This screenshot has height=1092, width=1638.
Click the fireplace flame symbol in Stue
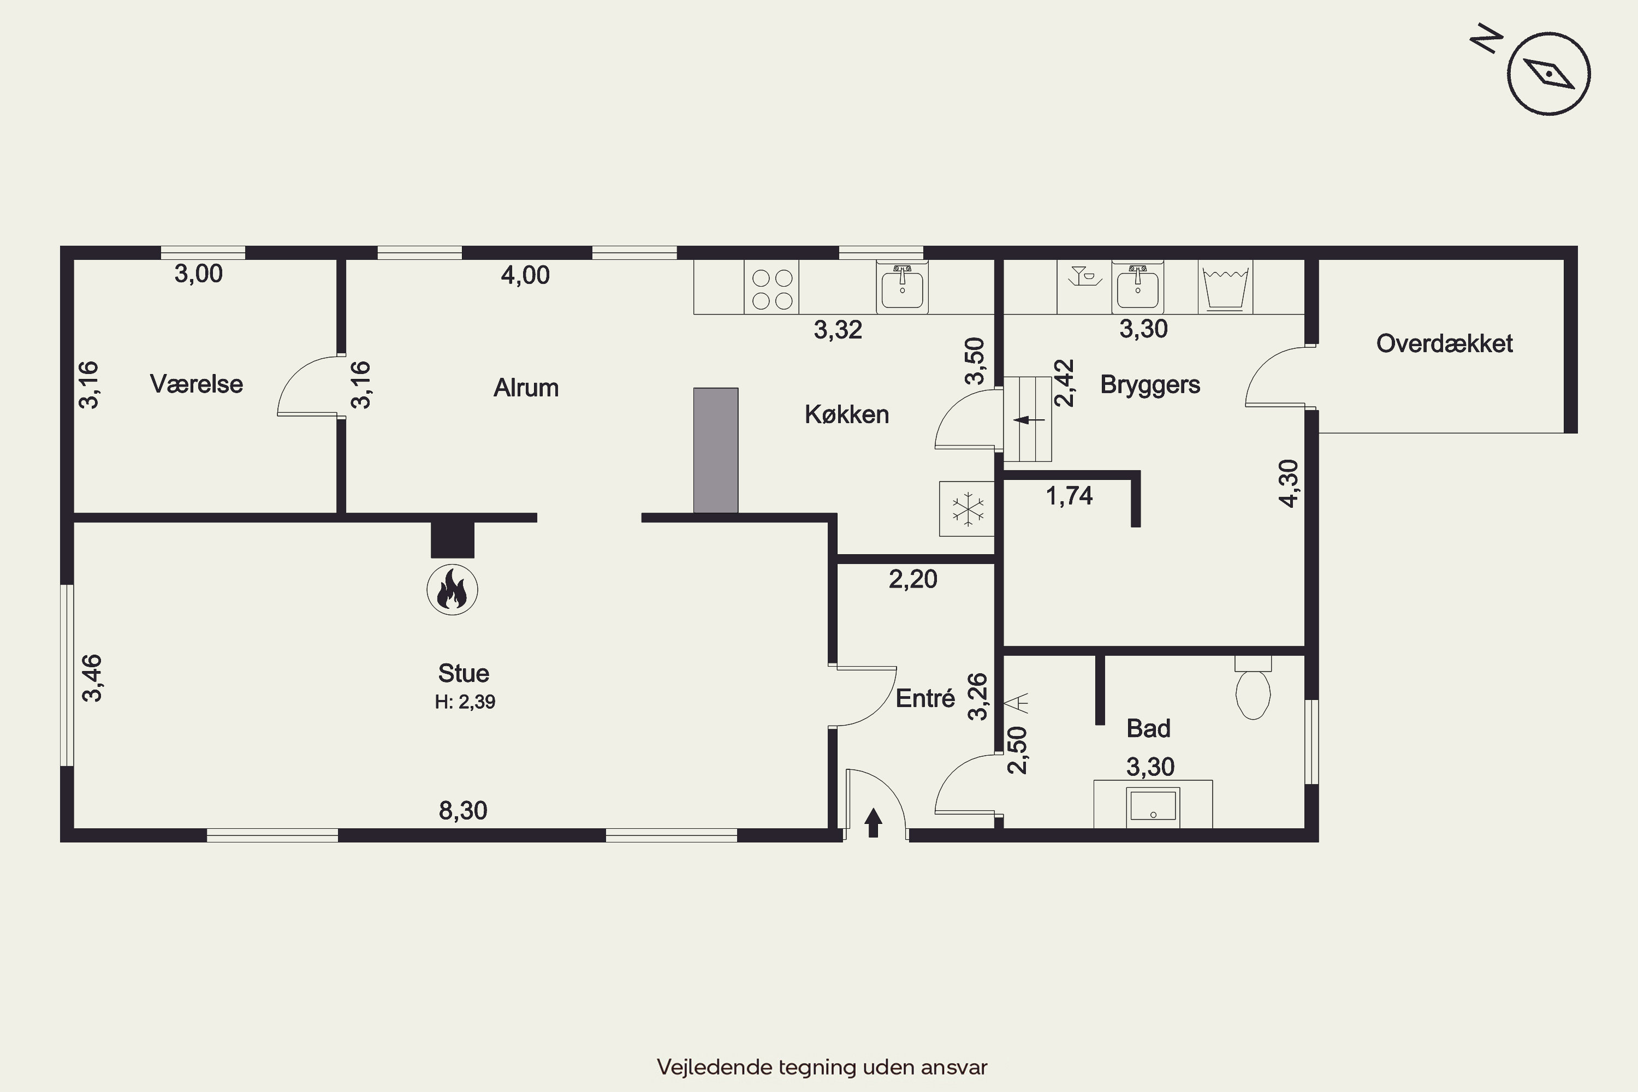(x=452, y=590)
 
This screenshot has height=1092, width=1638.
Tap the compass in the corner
(x=1549, y=73)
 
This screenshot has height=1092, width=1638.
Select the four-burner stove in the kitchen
(x=771, y=287)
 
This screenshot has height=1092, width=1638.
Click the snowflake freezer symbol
(x=966, y=508)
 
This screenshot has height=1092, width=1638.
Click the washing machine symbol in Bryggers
(x=1225, y=287)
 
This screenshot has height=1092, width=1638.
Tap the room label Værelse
(x=197, y=384)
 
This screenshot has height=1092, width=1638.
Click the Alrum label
(x=526, y=387)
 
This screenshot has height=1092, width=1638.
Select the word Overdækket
(x=1444, y=343)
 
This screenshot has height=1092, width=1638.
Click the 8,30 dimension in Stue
(x=463, y=810)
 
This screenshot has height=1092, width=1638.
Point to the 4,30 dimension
(x=1289, y=483)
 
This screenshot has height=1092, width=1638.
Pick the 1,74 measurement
(x=1069, y=496)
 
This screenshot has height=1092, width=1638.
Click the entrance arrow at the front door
(x=873, y=822)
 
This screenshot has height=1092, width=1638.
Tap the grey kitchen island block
(x=715, y=450)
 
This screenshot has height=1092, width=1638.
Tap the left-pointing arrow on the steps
(x=1029, y=420)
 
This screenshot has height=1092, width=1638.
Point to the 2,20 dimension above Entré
(x=913, y=579)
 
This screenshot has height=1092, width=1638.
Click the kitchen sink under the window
(x=902, y=287)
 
